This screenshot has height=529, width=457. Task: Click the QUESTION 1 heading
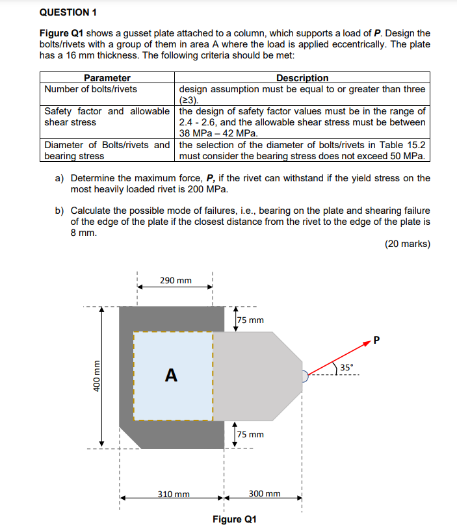click(x=68, y=12)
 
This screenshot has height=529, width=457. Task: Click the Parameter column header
click(x=107, y=78)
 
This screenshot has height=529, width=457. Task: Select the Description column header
click(x=302, y=78)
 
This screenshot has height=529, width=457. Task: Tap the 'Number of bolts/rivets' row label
click(x=91, y=89)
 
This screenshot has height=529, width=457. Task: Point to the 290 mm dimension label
click(x=176, y=280)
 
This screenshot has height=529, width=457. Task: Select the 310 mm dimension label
click(x=174, y=494)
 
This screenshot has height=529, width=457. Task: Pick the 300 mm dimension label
click(x=265, y=494)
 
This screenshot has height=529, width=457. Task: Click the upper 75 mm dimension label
click(x=250, y=320)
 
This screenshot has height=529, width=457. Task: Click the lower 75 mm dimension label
click(x=250, y=434)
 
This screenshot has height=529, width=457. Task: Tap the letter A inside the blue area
click(x=171, y=375)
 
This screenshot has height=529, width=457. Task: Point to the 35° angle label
click(x=348, y=368)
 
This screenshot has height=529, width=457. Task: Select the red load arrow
click(x=338, y=359)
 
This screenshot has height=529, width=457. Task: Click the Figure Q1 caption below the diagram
click(x=235, y=519)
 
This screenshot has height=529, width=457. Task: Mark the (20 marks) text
click(x=407, y=244)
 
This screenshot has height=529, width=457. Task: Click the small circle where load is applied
click(x=305, y=375)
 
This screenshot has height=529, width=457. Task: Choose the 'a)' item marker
click(x=59, y=178)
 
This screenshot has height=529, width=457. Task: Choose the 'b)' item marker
click(x=59, y=211)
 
